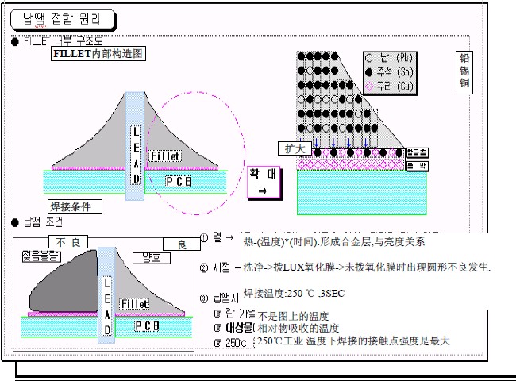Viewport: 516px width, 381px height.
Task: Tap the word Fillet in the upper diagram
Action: coord(164,156)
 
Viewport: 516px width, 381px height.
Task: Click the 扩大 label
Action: coord(290,148)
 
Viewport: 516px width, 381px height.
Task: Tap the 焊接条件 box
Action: coord(75,207)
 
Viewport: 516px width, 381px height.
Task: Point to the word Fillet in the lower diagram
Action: coord(134,303)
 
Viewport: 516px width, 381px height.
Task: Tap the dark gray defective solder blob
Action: coord(60,286)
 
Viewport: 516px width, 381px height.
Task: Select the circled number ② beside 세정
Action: coord(205,267)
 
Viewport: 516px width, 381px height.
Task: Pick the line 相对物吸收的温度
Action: coord(296,328)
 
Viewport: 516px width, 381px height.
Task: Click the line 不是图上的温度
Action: coord(294,315)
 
